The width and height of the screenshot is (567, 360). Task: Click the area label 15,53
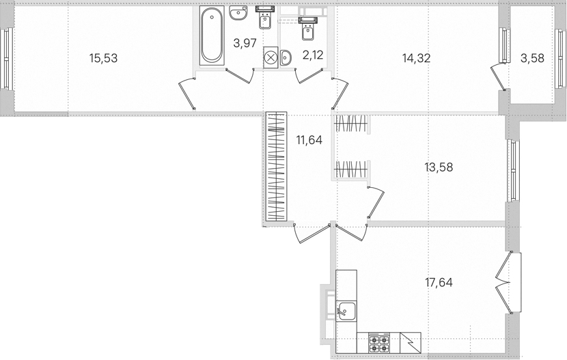[x=103, y=58]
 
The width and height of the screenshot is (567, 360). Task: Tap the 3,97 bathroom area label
[x=245, y=43]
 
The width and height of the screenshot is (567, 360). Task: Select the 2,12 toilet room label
[x=313, y=55]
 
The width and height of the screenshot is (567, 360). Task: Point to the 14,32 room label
[x=416, y=58]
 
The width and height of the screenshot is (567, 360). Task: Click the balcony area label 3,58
[x=532, y=58]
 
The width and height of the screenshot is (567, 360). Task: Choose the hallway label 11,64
[x=309, y=140]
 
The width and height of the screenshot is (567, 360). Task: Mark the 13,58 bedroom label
[x=439, y=167]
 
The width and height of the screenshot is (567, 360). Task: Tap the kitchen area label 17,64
[x=439, y=282]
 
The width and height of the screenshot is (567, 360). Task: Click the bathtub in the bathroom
[x=212, y=36]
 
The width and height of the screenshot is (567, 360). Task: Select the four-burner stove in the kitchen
[x=378, y=343]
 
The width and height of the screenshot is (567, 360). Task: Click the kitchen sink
[x=346, y=311]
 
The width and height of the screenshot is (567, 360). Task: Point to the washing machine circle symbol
[x=271, y=57]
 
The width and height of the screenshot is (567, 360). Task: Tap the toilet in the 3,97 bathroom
[x=266, y=18]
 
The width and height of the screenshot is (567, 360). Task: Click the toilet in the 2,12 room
[x=308, y=29]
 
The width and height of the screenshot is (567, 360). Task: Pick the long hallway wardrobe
[x=276, y=167]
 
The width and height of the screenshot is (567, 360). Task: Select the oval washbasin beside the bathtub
[x=238, y=13]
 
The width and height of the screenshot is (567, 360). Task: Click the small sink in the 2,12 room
[x=286, y=58]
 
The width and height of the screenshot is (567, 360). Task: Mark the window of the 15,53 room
[x=7, y=59]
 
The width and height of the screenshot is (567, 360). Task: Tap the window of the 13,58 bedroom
[x=513, y=171]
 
